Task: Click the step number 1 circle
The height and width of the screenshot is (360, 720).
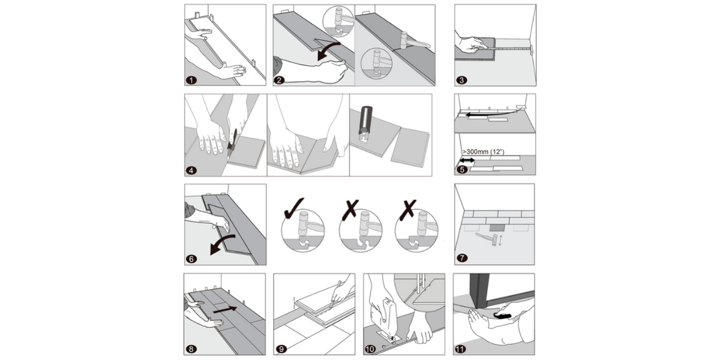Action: [191, 80]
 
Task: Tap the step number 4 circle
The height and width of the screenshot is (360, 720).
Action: [191, 170]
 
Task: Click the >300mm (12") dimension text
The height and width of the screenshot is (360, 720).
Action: [488, 152]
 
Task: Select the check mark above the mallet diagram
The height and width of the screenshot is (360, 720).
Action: [293, 208]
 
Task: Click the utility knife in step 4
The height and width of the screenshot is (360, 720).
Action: [232, 142]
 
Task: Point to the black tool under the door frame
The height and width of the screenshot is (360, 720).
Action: [502, 314]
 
